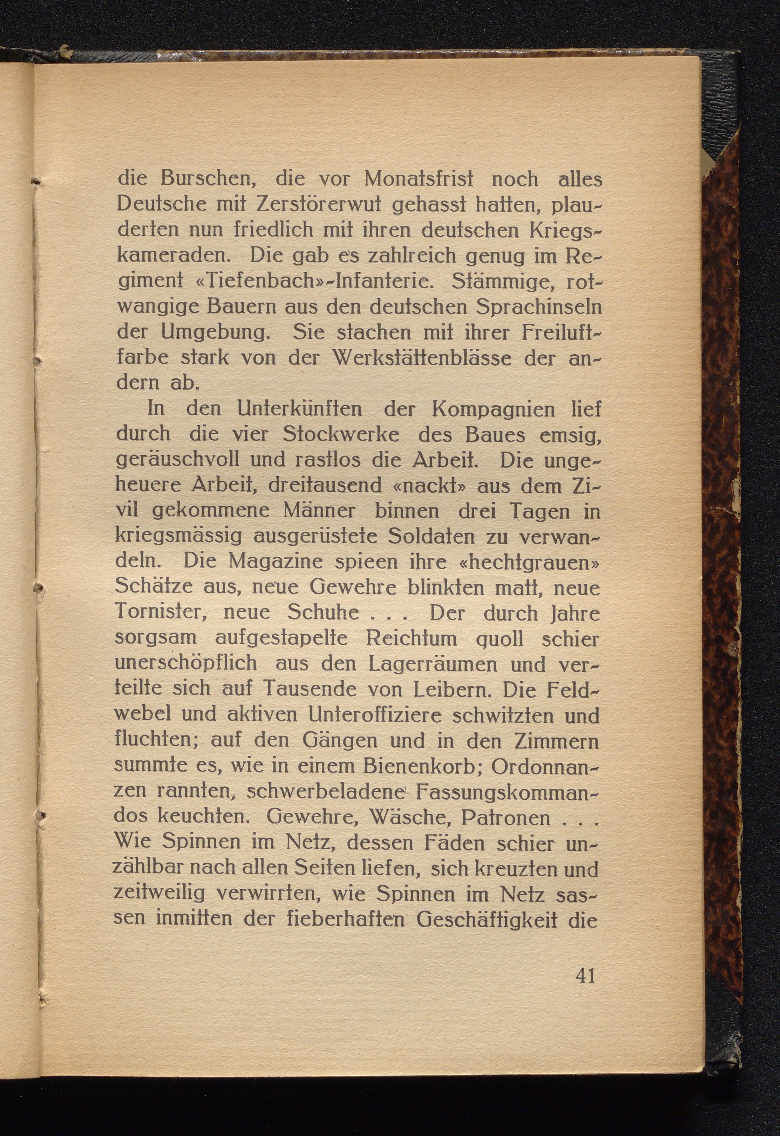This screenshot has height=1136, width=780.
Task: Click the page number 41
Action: [585, 976]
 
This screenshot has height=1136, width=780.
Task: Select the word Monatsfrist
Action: [419, 179]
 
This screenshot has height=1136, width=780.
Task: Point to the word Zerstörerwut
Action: [313, 204]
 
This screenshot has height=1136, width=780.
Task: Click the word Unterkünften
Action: [299, 409]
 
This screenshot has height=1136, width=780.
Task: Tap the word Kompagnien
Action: [493, 409]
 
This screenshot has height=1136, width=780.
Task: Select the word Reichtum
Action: [411, 638]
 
